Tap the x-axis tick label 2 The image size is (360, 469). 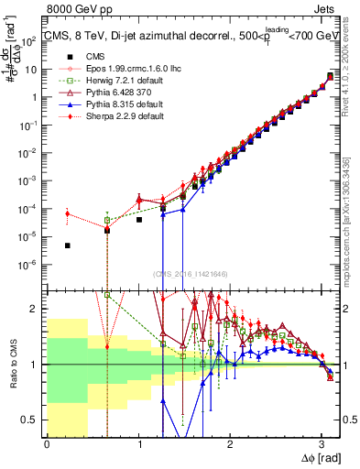coord(233,444)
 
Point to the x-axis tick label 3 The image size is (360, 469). coord(325,444)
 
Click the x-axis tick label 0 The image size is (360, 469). coord(47,444)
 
